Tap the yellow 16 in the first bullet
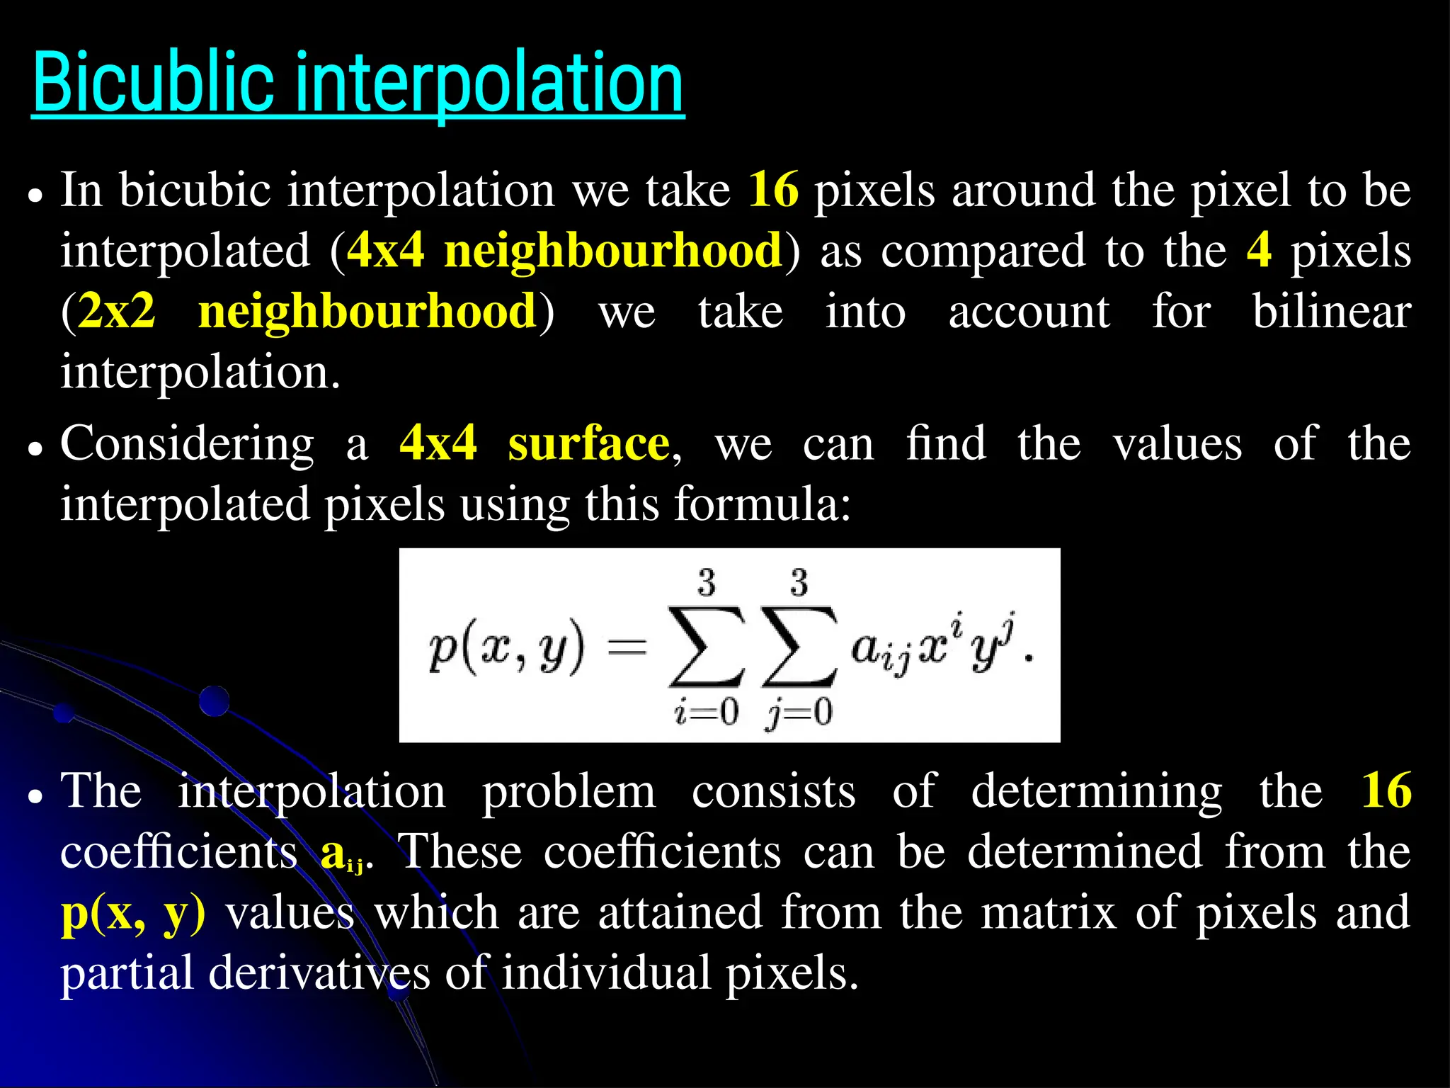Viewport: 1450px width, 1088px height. (773, 190)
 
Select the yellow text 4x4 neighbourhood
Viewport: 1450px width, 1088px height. (564, 251)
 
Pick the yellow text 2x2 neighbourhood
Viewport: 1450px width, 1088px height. (307, 312)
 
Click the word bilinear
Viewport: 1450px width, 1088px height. (1331, 312)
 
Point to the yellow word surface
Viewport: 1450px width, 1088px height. (588, 444)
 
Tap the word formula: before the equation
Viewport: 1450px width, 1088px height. (762, 504)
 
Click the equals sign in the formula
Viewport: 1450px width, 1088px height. (627, 646)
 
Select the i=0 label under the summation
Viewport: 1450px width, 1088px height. (706, 711)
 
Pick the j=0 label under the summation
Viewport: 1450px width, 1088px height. (799, 712)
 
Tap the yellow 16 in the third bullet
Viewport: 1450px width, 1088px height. (1386, 790)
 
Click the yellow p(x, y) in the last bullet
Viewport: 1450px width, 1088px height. (133, 914)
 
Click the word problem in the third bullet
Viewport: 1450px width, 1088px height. (569, 792)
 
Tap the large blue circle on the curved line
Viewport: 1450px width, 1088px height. (214, 701)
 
